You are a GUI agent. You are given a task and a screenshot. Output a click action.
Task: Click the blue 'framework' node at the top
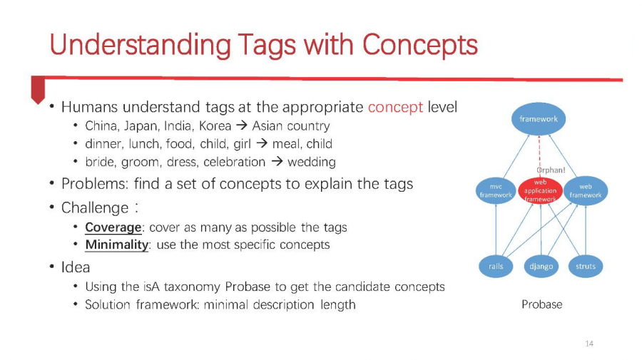click(539, 118)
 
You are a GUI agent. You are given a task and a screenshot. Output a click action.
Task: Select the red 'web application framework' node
click(540, 190)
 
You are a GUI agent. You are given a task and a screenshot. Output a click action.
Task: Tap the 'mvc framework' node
click(496, 190)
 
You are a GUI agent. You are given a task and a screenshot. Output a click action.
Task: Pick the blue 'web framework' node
click(586, 190)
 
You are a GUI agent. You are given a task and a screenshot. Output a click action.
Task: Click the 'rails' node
click(496, 267)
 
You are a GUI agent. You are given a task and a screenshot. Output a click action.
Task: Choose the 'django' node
click(541, 267)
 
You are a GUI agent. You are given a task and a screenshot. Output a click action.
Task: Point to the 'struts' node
click(586, 267)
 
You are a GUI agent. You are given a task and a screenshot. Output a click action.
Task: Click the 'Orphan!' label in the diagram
click(551, 170)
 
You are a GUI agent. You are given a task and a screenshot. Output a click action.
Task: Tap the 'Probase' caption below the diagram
click(541, 304)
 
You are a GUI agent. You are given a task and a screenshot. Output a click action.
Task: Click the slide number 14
click(589, 343)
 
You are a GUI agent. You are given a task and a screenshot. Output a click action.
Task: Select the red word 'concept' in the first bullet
click(395, 107)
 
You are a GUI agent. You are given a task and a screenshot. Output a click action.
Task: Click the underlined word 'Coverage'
click(113, 227)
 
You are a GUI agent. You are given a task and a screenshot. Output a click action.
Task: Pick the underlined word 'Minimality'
click(117, 245)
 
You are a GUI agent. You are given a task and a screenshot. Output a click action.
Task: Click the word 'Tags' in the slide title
click(266, 46)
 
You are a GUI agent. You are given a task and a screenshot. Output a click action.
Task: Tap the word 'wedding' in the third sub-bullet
click(312, 162)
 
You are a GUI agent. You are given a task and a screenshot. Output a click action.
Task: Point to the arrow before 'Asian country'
click(242, 125)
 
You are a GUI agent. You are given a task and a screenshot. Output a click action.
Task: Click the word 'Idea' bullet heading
click(76, 267)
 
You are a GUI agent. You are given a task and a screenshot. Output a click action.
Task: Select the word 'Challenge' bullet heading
click(95, 208)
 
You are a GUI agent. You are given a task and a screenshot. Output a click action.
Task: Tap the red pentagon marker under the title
click(38, 90)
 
